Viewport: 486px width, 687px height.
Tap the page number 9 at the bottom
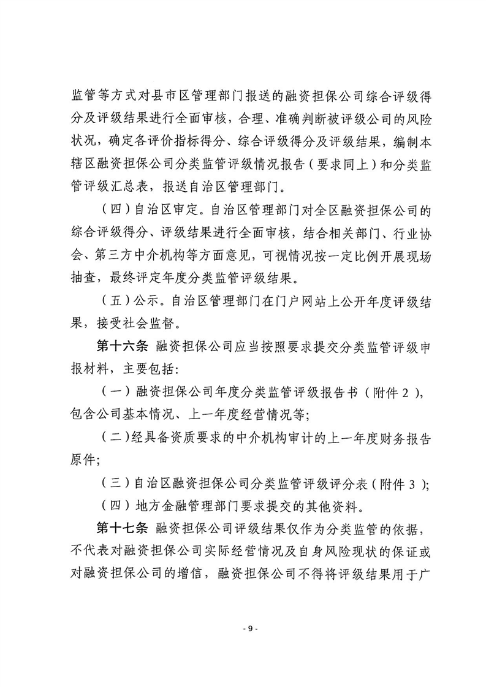(x=243, y=628)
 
